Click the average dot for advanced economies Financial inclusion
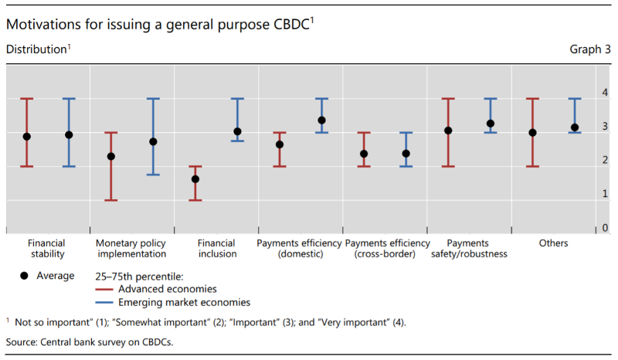[195, 179]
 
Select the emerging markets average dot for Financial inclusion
[237, 131]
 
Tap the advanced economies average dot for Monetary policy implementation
[111, 156]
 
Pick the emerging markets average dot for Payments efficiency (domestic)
[321, 121]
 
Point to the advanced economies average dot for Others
[532, 132]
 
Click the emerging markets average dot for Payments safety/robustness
[491, 124]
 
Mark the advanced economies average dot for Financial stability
[27, 137]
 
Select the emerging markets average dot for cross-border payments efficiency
[406, 154]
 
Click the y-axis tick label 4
[605, 93]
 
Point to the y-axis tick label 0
[605, 228]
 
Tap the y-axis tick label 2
[605, 160]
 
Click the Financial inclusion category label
[216, 248]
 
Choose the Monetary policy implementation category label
[131, 248]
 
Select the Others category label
[554, 243]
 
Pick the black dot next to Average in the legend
[25, 276]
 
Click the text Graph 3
[590, 49]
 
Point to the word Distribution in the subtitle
[36, 49]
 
